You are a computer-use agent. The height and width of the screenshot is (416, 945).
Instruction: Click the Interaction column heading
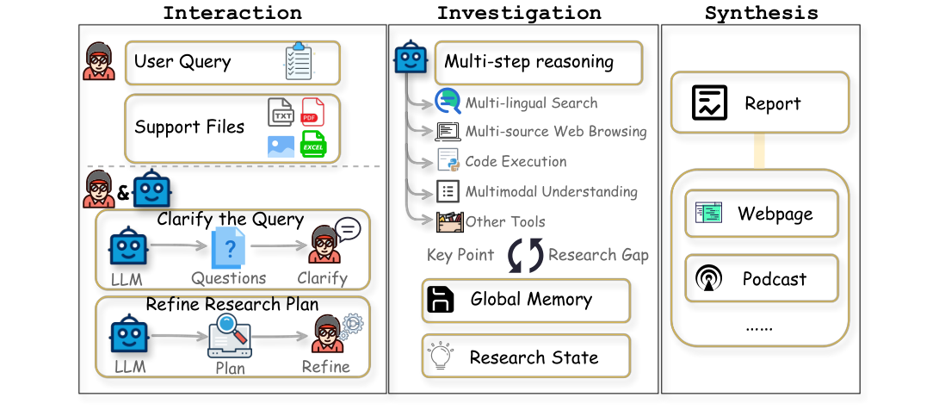232,13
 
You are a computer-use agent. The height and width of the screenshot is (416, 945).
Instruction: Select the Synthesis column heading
761,13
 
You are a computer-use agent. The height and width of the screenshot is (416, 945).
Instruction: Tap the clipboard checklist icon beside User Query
299,62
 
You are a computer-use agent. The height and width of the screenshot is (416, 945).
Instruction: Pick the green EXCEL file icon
312,144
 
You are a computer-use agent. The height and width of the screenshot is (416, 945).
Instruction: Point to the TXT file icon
281,113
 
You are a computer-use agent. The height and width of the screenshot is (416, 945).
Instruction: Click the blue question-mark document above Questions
229,250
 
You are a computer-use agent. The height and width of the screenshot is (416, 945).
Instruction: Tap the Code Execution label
516,161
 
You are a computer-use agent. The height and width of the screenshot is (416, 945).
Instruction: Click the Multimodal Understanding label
551,191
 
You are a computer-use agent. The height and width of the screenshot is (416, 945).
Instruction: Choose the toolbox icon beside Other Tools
449,220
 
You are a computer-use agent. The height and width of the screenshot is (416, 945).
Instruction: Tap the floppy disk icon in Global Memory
441,300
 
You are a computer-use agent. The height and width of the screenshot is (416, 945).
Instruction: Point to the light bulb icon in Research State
441,356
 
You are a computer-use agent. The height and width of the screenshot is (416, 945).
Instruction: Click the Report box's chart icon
710,103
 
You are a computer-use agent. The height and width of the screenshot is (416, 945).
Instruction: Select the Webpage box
762,214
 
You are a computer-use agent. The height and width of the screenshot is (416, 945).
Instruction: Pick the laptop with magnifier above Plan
229,337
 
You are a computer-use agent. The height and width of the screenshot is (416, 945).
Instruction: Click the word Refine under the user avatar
325,366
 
